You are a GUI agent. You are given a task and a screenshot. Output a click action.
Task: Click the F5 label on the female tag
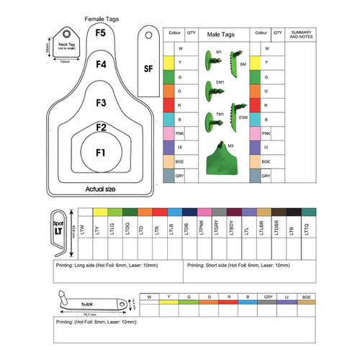(x=101, y=32)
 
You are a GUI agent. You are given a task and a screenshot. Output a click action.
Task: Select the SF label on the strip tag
(x=148, y=68)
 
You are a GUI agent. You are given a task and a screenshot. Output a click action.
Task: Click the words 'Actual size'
(x=102, y=189)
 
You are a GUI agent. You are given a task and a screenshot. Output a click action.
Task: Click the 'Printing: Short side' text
(x=238, y=266)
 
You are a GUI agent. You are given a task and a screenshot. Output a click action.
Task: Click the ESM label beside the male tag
(x=243, y=117)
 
